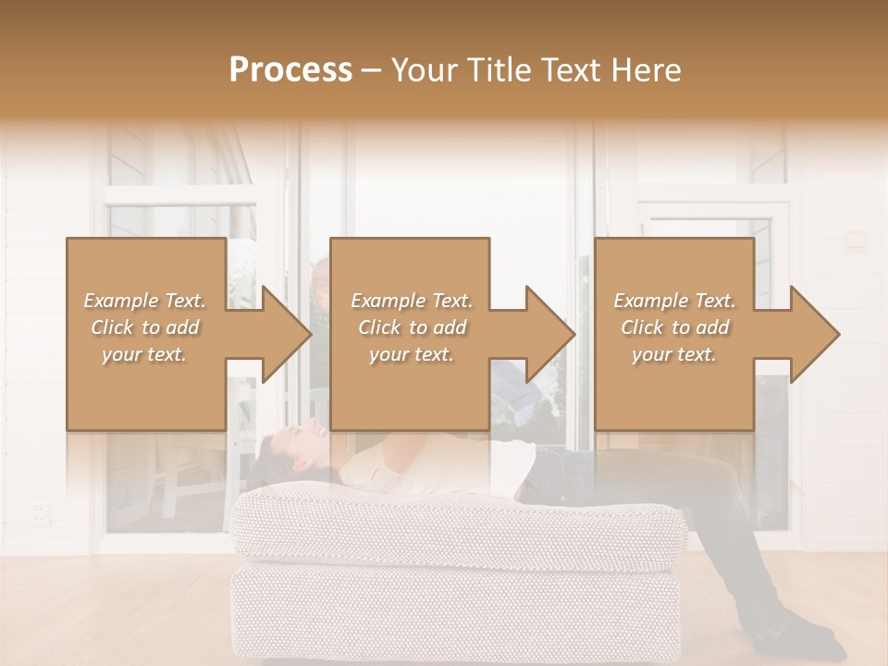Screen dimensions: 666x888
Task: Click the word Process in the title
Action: click(x=290, y=69)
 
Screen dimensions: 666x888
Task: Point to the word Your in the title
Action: click(x=423, y=69)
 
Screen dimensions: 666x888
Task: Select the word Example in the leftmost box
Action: click(x=119, y=301)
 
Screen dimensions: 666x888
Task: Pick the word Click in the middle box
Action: click(x=379, y=327)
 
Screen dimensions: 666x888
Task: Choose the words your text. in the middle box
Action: click(x=411, y=354)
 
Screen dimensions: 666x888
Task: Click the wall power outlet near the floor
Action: click(x=38, y=512)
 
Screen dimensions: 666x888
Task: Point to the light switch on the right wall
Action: click(x=856, y=242)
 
